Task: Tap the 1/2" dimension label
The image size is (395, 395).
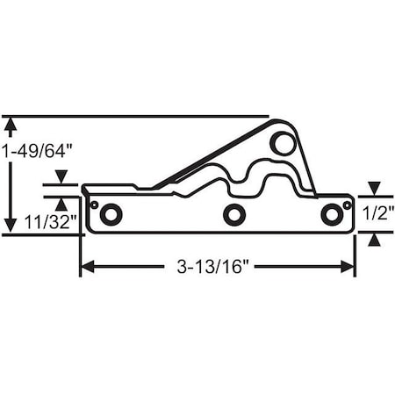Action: [375, 212]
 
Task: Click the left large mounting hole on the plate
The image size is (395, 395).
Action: [111, 213]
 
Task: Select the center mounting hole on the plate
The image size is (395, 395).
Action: [233, 213]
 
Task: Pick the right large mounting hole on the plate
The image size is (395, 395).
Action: [331, 213]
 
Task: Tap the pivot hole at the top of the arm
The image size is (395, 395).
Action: [281, 141]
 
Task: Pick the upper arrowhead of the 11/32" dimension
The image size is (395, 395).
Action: [61, 179]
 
